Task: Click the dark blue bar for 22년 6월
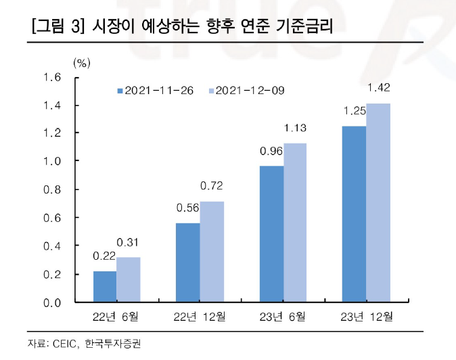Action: tap(104, 286)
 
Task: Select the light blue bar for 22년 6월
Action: tap(128, 279)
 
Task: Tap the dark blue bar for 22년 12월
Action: tap(188, 263)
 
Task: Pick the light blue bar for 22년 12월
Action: tap(212, 251)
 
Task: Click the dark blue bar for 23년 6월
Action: tap(272, 234)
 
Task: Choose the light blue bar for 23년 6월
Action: tap(296, 223)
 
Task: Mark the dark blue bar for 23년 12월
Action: tap(355, 214)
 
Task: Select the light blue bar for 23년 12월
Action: tap(378, 202)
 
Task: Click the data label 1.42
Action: tap(378, 87)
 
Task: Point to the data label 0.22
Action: tap(104, 256)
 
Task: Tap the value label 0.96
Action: tap(271, 151)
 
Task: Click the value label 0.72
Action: tap(212, 185)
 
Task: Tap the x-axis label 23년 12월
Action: tap(366, 316)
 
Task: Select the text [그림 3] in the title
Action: tap(57, 28)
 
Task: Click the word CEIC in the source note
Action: tap(64, 344)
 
